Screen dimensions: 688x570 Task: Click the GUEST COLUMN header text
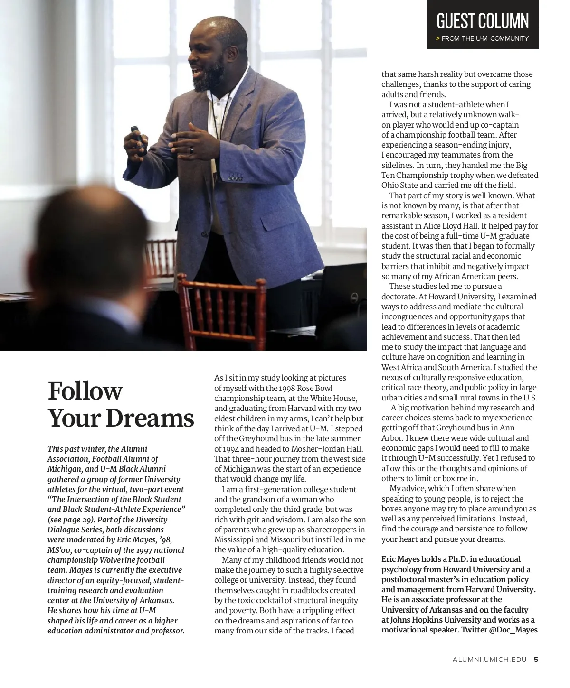point(482,21)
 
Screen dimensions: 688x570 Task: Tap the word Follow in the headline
point(85,391)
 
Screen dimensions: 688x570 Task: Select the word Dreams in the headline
point(150,418)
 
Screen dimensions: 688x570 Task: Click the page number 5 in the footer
point(536,659)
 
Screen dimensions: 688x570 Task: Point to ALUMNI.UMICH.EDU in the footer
point(490,659)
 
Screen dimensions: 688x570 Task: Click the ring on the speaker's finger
point(192,150)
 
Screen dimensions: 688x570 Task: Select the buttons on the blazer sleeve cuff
point(235,178)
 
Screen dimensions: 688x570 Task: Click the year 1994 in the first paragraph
point(223,449)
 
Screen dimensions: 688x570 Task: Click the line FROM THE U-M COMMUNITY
point(484,38)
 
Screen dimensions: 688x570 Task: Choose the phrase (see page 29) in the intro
point(70,520)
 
